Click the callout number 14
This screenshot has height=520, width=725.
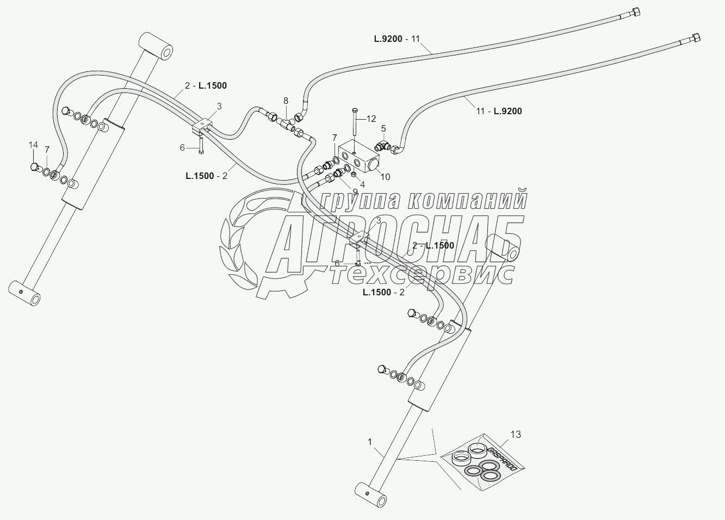tap(34, 145)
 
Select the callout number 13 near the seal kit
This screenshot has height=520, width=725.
tap(515, 434)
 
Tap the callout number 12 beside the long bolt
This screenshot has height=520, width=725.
tap(371, 119)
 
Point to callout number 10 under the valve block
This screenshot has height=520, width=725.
tap(385, 176)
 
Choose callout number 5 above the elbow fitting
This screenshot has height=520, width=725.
tap(383, 128)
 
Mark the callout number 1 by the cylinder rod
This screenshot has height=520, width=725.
tap(370, 442)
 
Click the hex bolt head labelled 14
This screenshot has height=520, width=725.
tap(35, 166)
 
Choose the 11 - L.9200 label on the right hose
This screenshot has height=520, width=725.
tap(499, 111)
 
